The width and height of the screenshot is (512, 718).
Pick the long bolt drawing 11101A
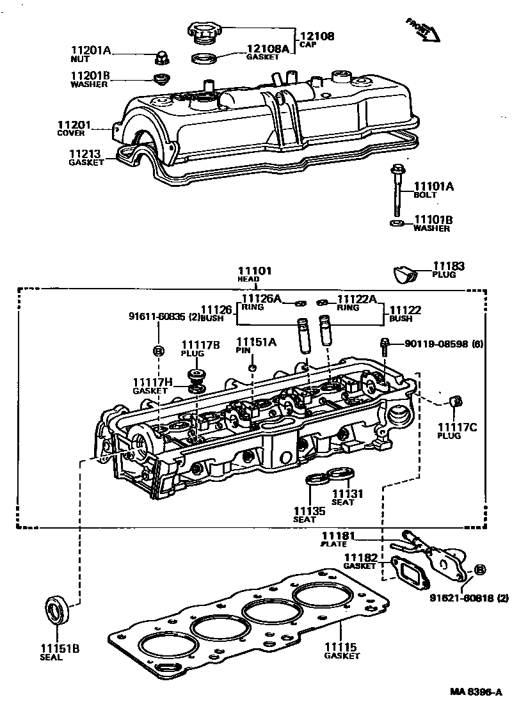396,192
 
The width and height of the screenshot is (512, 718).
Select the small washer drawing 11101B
396,223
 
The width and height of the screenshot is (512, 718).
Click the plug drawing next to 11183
404,274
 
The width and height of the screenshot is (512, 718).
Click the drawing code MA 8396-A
476,692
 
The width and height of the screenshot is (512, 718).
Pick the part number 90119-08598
435,344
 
